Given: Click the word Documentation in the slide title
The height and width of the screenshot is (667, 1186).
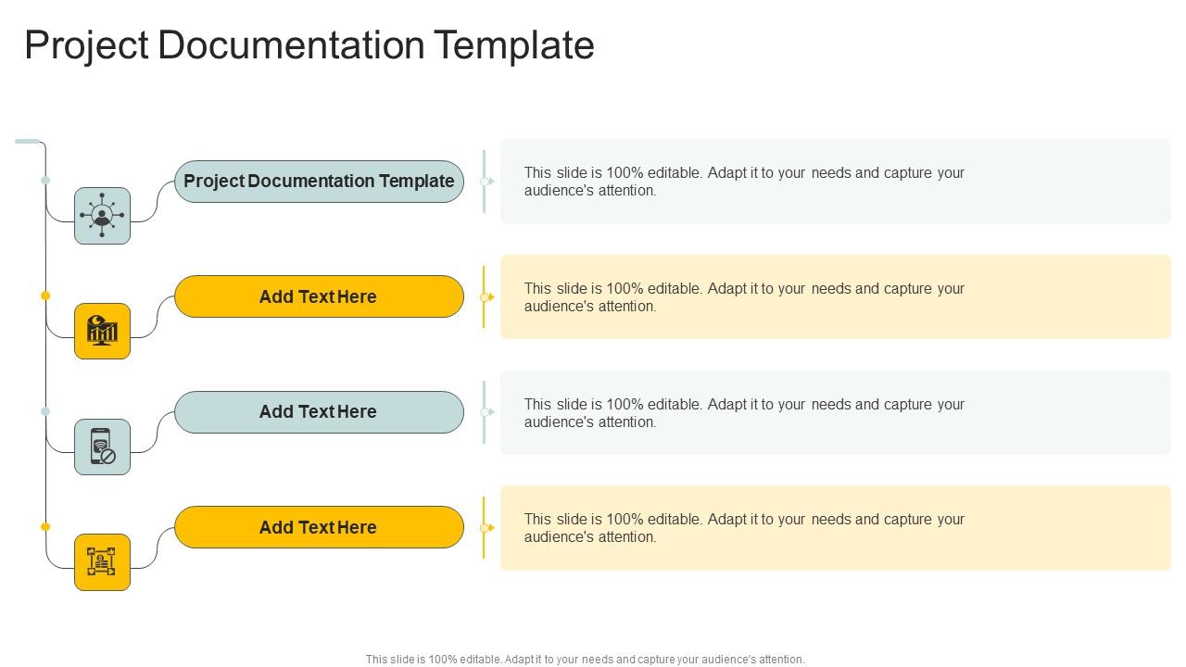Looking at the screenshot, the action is click(291, 45).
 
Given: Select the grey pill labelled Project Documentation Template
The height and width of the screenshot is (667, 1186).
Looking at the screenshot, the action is click(320, 182).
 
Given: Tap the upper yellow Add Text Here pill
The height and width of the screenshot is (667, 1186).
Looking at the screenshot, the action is click(320, 296).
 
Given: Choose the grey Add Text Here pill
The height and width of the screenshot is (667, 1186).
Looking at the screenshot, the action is click(320, 412).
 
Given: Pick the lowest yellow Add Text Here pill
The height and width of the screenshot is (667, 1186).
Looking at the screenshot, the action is click(320, 527).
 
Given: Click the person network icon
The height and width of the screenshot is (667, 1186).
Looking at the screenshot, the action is click(102, 216).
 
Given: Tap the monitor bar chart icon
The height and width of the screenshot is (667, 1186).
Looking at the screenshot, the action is click(102, 331).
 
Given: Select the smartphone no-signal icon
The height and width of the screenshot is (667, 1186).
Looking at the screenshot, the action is click(102, 447).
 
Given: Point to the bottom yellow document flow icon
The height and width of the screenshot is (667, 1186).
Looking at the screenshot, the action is click(102, 562).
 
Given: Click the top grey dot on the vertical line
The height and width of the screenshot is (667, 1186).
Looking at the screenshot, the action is click(45, 181).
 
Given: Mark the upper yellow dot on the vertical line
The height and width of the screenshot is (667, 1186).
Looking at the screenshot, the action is click(45, 296).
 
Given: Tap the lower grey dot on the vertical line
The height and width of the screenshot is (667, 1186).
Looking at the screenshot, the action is click(45, 411).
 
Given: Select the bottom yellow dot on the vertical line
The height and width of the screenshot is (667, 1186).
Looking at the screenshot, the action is click(45, 527).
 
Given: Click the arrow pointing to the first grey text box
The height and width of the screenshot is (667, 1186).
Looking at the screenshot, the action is click(487, 182).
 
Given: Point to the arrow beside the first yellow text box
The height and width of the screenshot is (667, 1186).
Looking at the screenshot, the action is click(487, 297).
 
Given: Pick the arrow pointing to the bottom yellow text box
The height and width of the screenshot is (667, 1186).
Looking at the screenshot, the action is click(487, 528).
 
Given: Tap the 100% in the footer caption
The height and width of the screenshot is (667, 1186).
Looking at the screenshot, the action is click(443, 660).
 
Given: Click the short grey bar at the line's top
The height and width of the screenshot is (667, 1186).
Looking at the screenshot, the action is click(28, 142).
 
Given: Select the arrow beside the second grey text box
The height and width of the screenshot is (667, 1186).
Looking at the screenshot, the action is click(487, 412).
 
